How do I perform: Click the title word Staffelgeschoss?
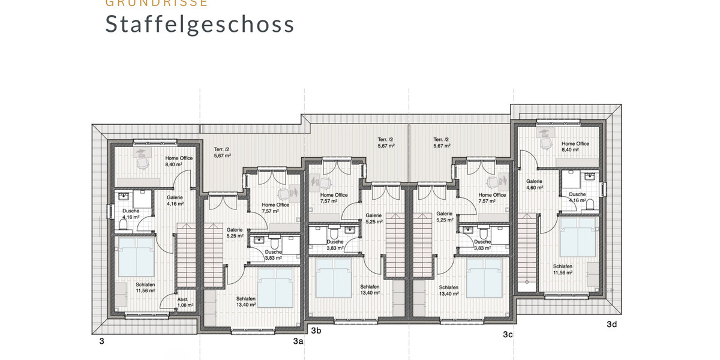[x=200, y=24]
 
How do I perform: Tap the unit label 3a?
[x=298, y=341]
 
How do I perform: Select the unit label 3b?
[x=316, y=330]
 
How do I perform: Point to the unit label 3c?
[x=507, y=334]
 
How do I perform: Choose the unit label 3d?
[x=611, y=325]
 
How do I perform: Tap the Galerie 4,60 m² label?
[x=534, y=184]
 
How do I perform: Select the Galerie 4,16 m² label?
[x=175, y=200]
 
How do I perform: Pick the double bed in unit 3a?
[x=275, y=287]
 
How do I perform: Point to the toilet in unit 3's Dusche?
[x=124, y=224]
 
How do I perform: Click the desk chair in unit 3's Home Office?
[x=142, y=163]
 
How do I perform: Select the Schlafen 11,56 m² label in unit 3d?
[x=562, y=269]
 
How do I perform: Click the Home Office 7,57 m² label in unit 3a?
[x=275, y=208]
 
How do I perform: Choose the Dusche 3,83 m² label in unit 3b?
[x=335, y=245]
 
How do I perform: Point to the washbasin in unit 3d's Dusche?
[x=588, y=177]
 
